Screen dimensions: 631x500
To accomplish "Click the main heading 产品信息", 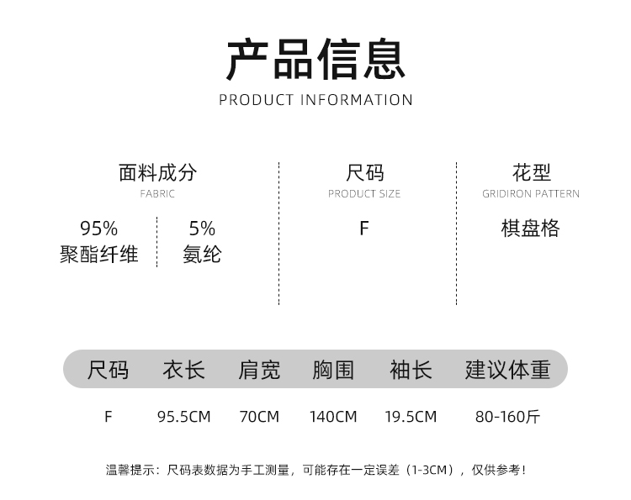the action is (315, 59).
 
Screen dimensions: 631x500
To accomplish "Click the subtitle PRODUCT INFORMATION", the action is (315, 100).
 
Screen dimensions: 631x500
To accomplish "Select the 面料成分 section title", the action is (157, 173).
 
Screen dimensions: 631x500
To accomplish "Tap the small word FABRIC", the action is (157, 194).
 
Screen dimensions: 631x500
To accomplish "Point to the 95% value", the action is (98, 229).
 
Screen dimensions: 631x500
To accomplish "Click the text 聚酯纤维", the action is (98, 254).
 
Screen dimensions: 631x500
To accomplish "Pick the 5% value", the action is (202, 229).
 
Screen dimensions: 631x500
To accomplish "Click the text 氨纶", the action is (202, 254).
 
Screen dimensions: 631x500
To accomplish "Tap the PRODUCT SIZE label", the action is (364, 194).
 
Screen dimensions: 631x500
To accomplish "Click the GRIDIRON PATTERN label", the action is (531, 194).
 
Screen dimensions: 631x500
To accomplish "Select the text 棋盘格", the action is (530, 229).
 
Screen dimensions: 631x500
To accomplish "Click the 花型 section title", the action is (531, 173).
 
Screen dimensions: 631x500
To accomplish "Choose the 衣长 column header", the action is (183, 370).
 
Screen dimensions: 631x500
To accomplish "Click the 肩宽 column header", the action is (259, 370).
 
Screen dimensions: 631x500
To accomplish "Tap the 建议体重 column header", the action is (507, 370).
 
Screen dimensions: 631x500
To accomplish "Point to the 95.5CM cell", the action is (183, 417).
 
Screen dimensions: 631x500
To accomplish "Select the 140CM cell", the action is (333, 417).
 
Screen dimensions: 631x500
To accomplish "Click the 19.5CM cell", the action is (411, 417).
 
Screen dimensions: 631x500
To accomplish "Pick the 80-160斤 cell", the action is (507, 417).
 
